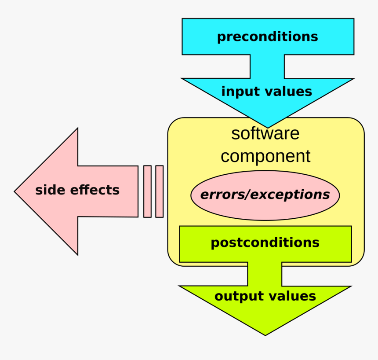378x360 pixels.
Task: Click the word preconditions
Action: click(268, 37)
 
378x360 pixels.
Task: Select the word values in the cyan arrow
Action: click(288, 92)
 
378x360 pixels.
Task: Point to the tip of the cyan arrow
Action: click(268, 128)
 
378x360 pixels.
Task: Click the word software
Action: click(265, 133)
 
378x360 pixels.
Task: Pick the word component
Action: click(265, 156)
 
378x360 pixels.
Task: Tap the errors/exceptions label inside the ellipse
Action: click(265, 195)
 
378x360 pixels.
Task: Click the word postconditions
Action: click(265, 242)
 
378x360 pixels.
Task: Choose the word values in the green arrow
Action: click(289, 296)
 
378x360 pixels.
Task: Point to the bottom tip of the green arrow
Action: click(265, 335)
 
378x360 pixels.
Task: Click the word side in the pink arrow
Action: click(50, 190)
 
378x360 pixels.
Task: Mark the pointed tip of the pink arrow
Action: click(15, 192)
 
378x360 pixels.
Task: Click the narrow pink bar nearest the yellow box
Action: click(160, 191)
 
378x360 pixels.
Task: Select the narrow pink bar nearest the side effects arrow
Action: click(147, 191)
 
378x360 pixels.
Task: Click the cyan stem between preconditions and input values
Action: click(267, 66)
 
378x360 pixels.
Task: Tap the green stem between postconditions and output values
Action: click(265, 274)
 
